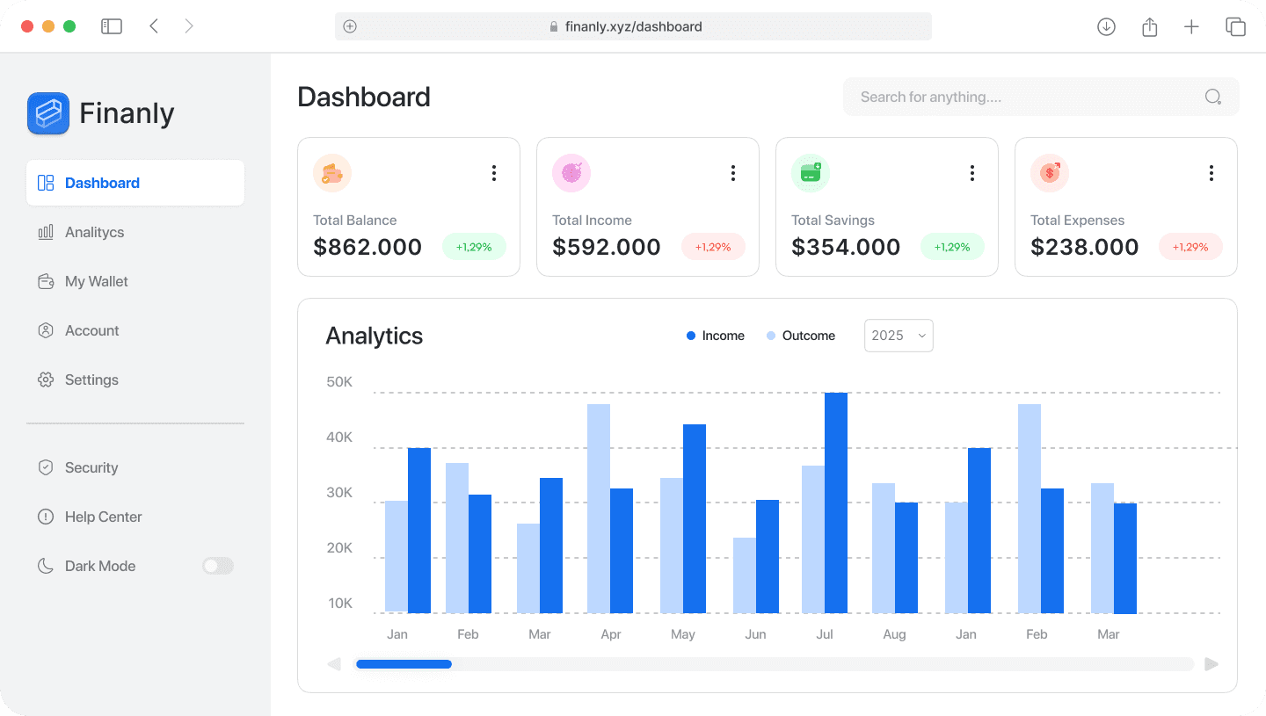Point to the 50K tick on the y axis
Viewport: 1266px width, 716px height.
pyautogui.click(x=338, y=382)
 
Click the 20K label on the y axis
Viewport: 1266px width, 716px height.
pyautogui.click(x=338, y=548)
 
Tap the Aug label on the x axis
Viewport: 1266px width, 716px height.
pyautogui.click(x=894, y=634)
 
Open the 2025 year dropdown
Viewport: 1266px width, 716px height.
pyautogui.click(x=899, y=336)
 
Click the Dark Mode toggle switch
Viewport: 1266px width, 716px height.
pyautogui.click(x=218, y=566)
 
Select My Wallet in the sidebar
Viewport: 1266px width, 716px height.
pyautogui.click(x=97, y=281)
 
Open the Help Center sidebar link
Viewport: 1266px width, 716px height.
pyautogui.click(x=103, y=517)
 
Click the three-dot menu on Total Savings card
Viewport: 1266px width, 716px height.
pyautogui.click(x=972, y=173)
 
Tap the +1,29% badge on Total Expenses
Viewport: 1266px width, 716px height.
pyautogui.click(x=1190, y=247)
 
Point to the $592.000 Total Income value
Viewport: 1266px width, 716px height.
pyautogui.click(x=607, y=248)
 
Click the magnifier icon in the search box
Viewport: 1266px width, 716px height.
pyautogui.click(x=1213, y=97)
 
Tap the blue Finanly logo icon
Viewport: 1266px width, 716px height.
pyautogui.click(x=48, y=113)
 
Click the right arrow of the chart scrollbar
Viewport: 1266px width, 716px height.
pyautogui.click(x=1211, y=664)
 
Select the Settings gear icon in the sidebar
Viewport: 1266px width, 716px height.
pyautogui.click(x=46, y=380)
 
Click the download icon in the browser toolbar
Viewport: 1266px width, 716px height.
pyautogui.click(x=1106, y=26)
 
